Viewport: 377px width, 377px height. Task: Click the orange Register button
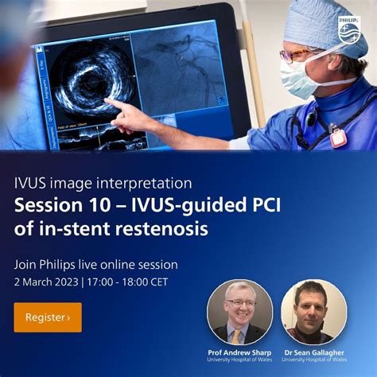pos(47,317)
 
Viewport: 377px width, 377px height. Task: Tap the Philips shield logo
pos(351,32)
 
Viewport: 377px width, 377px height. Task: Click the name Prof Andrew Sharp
pos(238,352)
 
